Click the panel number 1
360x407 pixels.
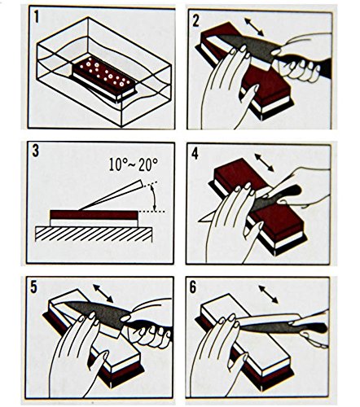click(37, 18)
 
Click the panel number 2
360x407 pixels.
click(196, 20)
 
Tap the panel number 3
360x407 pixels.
click(36, 151)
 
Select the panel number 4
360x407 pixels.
click(195, 154)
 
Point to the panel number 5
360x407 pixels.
click(33, 287)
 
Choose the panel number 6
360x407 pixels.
click(193, 287)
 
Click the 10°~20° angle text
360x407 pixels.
click(134, 164)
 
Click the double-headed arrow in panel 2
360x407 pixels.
click(254, 27)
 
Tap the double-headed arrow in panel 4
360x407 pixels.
click(264, 162)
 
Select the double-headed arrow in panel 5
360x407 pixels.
click(103, 293)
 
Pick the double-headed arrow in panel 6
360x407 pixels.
click(268, 295)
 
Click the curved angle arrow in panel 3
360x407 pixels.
click(154, 197)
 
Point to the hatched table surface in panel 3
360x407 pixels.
click(94, 234)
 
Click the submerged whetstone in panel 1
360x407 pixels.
click(104, 80)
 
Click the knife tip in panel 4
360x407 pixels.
click(199, 221)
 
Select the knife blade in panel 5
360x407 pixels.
click(95, 313)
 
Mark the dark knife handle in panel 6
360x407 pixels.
click(311, 326)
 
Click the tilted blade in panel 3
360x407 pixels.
click(111, 195)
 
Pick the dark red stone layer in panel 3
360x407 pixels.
click(94, 215)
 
